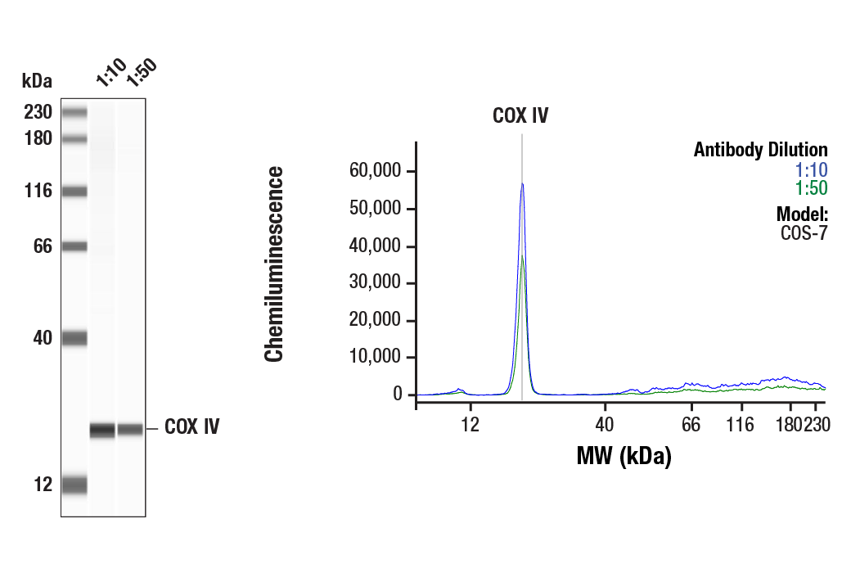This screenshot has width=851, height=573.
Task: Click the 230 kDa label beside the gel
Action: click(38, 112)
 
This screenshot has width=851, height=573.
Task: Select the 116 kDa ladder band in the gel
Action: click(74, 192)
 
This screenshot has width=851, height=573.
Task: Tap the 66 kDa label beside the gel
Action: click(43, 246)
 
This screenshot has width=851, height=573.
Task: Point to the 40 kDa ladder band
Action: click(74, 337)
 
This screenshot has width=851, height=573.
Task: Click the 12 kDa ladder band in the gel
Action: click(74, 485)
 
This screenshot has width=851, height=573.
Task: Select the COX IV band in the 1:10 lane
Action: click(102, 430)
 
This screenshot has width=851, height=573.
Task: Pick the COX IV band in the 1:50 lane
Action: click(130, 429)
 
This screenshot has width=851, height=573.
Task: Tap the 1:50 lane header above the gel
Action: click(140, 73)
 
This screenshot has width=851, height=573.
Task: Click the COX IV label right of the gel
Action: click(191, 427)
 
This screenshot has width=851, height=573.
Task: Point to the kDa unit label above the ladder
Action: click(37, 81)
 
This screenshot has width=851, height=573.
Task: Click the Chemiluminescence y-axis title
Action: click(274, 264)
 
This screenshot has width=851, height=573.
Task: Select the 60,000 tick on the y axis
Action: click(376, 172)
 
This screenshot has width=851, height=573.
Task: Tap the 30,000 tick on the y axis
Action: click(376, 283)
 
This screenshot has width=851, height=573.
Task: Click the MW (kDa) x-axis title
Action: click(624, 456)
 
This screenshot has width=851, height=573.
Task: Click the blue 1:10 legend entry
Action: click(811, 170)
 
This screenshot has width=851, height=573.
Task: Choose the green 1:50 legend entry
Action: click(811, 188)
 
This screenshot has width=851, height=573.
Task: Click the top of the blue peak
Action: click(522, 184)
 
